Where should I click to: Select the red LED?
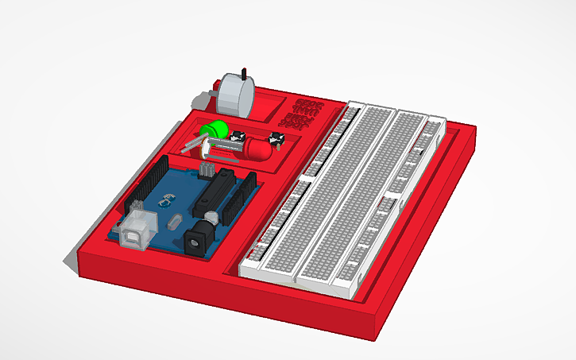(259, 149)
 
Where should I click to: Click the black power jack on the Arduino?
(198, 238)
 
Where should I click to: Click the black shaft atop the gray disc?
(245, 75)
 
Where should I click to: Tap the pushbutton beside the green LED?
(237, 137)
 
